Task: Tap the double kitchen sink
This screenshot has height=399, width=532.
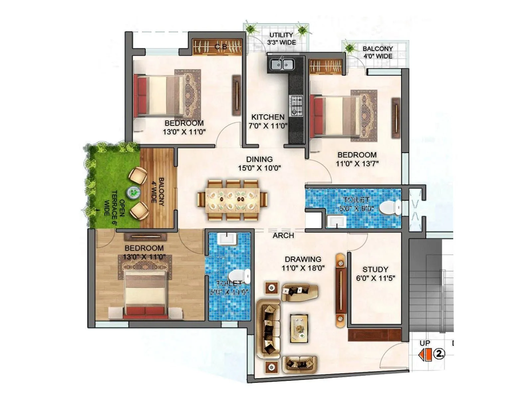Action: (281, 64)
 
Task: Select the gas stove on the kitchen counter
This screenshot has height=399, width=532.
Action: (296, 106)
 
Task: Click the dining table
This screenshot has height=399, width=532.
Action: (233, 200)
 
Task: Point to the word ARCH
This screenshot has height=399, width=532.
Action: (283, 235)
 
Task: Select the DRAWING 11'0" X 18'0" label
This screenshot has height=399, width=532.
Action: (303, 263)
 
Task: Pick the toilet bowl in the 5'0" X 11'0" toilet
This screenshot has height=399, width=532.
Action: (239, 276)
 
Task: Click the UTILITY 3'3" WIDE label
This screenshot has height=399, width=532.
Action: (281, 39)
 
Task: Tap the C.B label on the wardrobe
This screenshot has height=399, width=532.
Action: (221, 47)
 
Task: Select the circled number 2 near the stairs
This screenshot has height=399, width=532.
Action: (440, 354)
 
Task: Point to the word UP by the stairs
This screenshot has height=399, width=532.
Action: (425, 343)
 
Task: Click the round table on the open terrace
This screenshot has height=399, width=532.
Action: (133, 192)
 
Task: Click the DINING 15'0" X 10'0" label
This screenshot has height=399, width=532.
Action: (259, 164)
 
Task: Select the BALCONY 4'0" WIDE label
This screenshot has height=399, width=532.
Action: (378, 52)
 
